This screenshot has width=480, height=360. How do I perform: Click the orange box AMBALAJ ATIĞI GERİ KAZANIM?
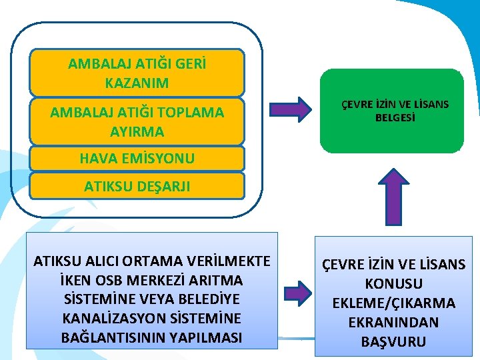pyautogui.click(x=137, y=73)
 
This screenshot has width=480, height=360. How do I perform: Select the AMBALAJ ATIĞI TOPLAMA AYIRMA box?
pyautogui.click(x=137, y=121)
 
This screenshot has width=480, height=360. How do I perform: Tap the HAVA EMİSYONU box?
pyautogui.click(x=137, y=158)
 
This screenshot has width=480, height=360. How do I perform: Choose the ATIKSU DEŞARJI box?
pyautogui.click(x=137, y=187)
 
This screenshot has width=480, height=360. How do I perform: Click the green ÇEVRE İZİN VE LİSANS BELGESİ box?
pyautogui.click(x=391, y=111)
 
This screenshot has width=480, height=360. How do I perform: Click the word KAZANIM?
pyautogui.click(x=137, y=83)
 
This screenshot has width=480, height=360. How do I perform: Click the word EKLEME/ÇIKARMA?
pyautogui.click(x=394, y=303)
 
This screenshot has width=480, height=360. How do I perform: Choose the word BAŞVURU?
pyautogui.click(x=394, y=342)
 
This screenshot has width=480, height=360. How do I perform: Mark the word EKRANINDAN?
pyautogui.click(x=394, y=323)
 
